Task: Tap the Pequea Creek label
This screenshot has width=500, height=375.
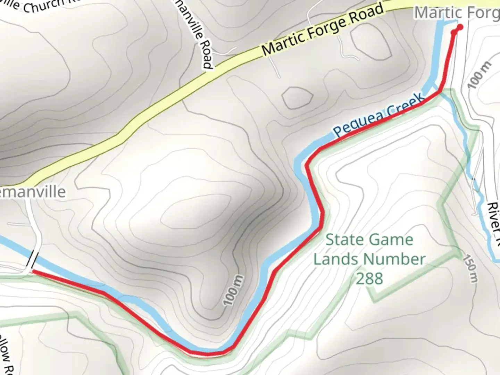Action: pyautogui.click(x=379, y=115)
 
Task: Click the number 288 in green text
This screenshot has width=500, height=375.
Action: pyautogui.click(x=369, y=278)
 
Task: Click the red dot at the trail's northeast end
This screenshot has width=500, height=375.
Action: pyautogui.click(x=460, y=27)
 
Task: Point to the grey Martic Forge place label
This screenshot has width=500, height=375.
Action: pyautogui.click(x=457, y=13)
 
